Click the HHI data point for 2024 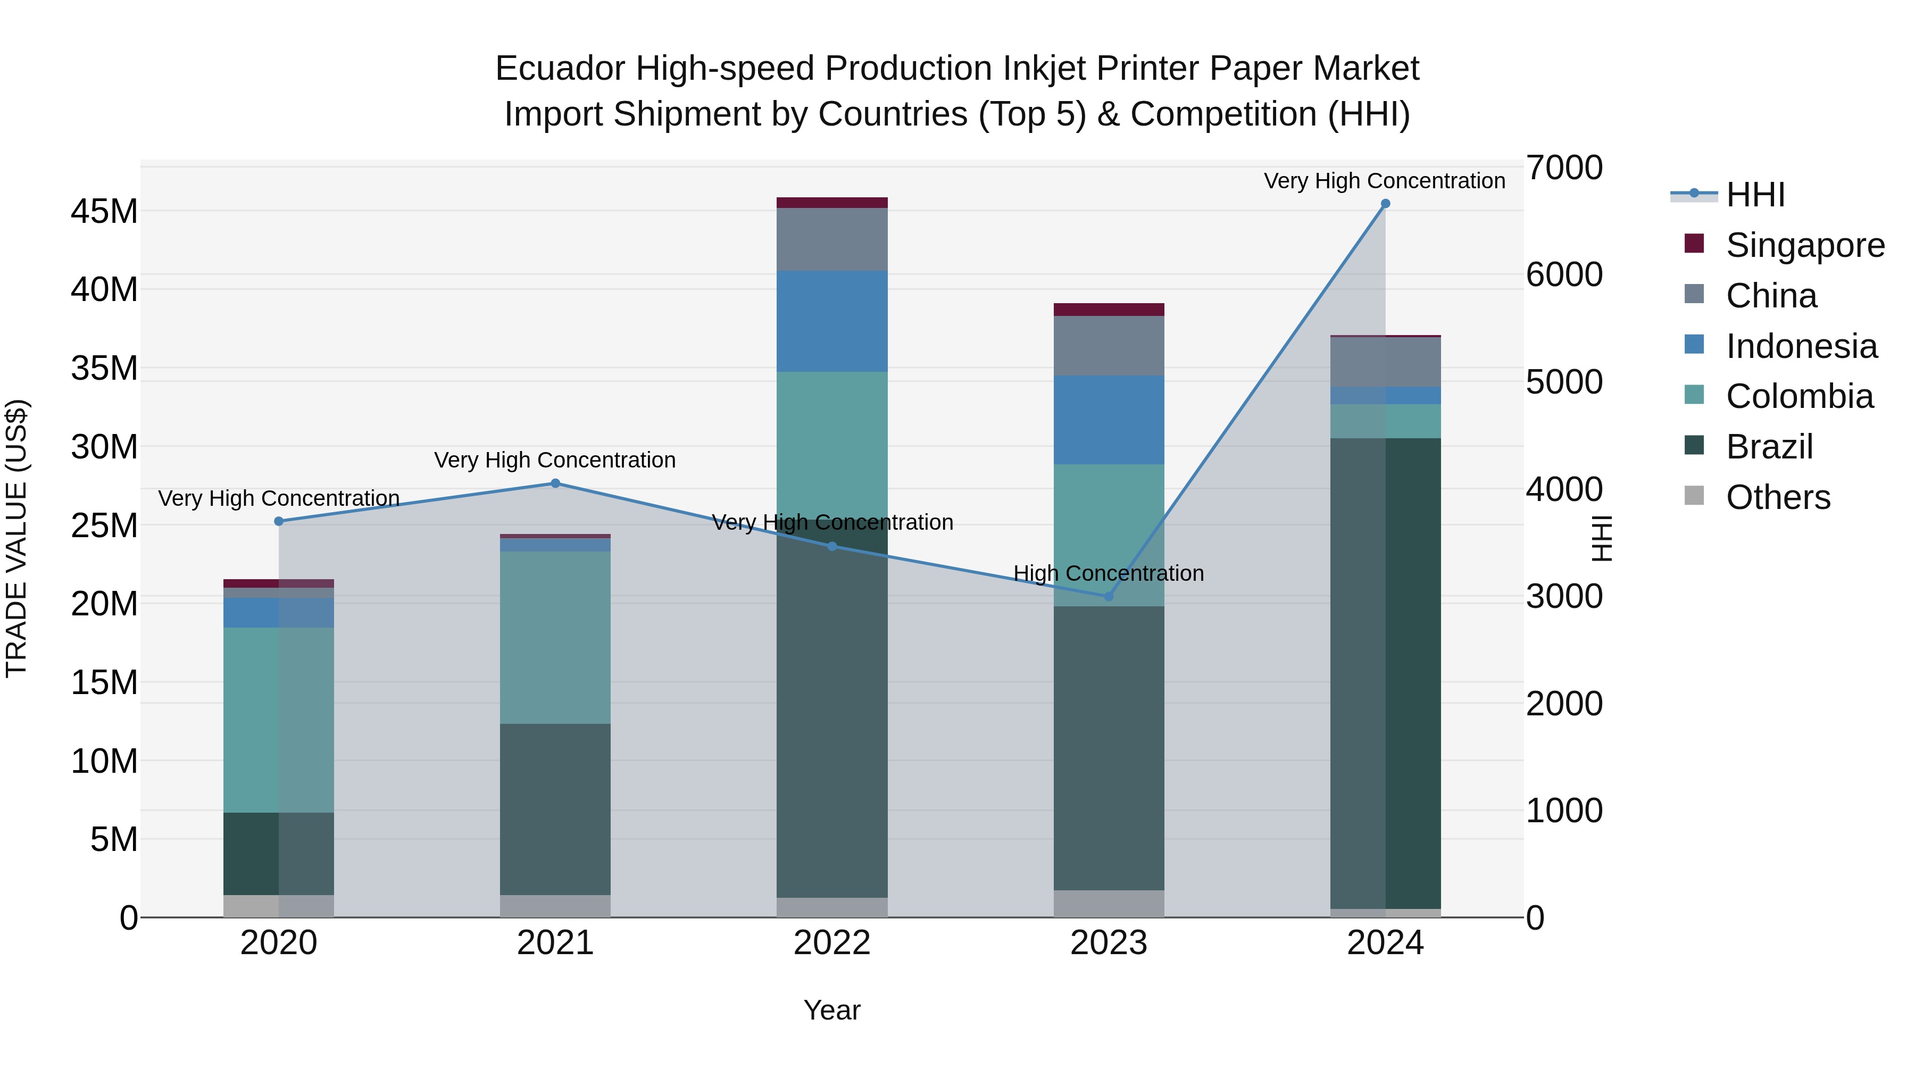(x=1385, y=204)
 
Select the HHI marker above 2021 (x=555, y=484)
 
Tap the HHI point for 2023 (x=1109, y=596)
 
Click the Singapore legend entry (x=1804, y=245)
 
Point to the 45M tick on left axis (x=104, y=212)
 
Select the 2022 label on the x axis (x=832, y=943)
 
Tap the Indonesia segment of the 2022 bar (x=832, y=321)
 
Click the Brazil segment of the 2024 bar (x=1385, y=673)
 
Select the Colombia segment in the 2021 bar (x=555, y=637)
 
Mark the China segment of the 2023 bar (x=1109, y=346)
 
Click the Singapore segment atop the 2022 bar (x=832, y=203)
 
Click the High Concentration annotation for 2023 (x=1109, y=574)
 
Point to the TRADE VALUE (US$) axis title (x=16, y=538)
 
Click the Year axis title (x=832, y=1010)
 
